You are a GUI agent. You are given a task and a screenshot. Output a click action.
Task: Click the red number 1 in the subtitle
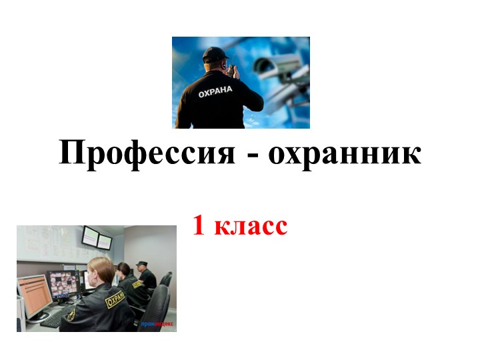click(x=198, y=226)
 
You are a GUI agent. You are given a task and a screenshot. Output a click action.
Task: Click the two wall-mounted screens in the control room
click(x=97, y=238)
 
